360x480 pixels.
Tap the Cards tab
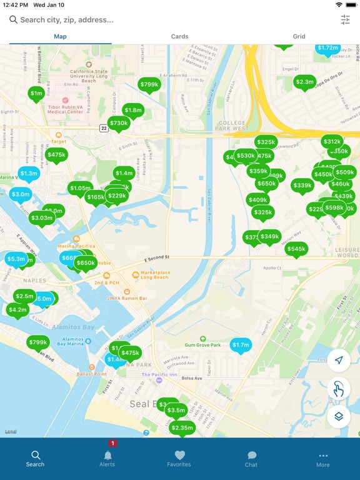tap(179, 36)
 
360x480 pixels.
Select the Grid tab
tap(299, 36)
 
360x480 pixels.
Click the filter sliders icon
tap(345, 20)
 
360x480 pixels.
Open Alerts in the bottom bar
tap(107, 458)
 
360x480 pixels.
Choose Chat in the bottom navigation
tap(251, 458)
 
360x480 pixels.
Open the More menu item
tap(323, 458)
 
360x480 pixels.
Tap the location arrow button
tap(339, 360)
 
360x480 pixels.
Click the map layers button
tap(339, 416)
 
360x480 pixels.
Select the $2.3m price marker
tap(304, 82)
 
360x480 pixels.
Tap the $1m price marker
tap(36, 94)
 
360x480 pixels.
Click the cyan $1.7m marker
tap(241, 344)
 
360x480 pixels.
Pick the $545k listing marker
tap(296, 249)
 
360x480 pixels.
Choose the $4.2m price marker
tap(18, 309)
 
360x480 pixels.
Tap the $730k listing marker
tap(119, 124)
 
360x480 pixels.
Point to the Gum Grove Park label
tap(203, 345)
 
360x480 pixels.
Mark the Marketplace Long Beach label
tap(154, 274)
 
